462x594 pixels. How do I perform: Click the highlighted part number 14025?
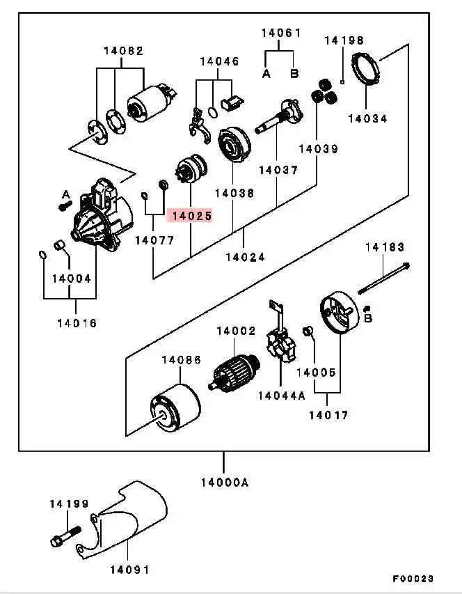click(192, 216)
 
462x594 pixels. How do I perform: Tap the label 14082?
click(124, 51)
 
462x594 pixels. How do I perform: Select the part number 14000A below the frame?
click(225, 483)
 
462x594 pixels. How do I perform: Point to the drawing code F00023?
click(413, 579)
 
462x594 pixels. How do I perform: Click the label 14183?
click(385, 247)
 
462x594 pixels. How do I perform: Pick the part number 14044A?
click(282, 396)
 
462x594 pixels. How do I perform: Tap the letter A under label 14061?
click(266, 74)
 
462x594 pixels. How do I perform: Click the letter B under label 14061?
click(294, 73)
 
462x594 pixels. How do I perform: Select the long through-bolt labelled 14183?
click(383, 279)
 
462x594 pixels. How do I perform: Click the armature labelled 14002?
click(234, 372)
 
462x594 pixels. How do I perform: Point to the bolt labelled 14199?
click(65, 537)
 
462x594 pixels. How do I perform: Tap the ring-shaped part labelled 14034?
click(365, 69)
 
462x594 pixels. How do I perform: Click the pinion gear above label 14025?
click(192, 170)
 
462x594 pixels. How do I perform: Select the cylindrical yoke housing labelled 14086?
click(175, 408)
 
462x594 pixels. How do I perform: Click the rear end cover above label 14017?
click(340, 313)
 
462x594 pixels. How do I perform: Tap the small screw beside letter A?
click(65, 206)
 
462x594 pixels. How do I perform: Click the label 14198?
click(344, 40)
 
